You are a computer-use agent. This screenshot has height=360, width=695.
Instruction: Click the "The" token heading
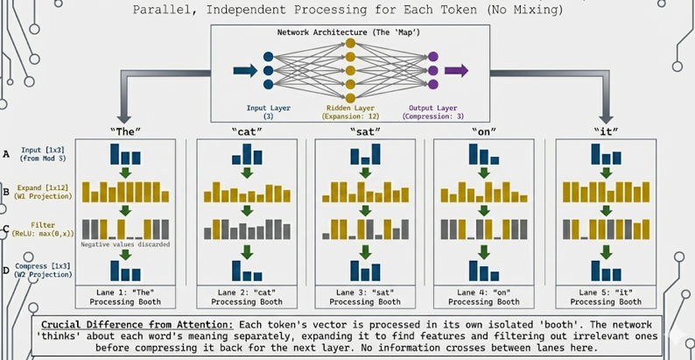click(x=125, y=131)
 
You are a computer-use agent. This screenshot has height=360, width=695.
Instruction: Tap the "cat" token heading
click(x=246, y=131)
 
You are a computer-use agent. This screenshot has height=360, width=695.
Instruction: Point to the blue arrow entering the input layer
click(x=246, y=71)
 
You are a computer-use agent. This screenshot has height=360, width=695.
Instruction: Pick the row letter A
click(x=7, y=153)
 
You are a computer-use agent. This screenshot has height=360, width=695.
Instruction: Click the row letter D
click(x=7, y=270)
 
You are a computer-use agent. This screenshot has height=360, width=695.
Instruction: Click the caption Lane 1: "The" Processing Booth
click(x=125, y=296)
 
